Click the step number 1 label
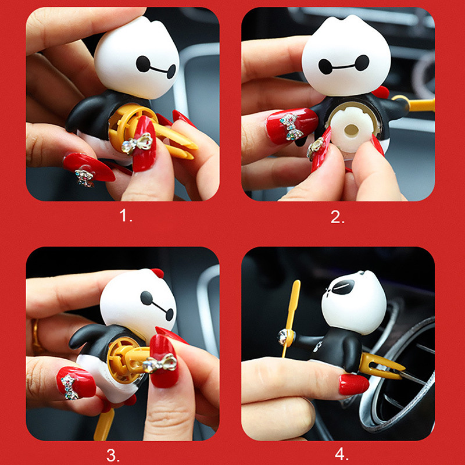point(126,216)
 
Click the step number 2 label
point(338,217)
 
